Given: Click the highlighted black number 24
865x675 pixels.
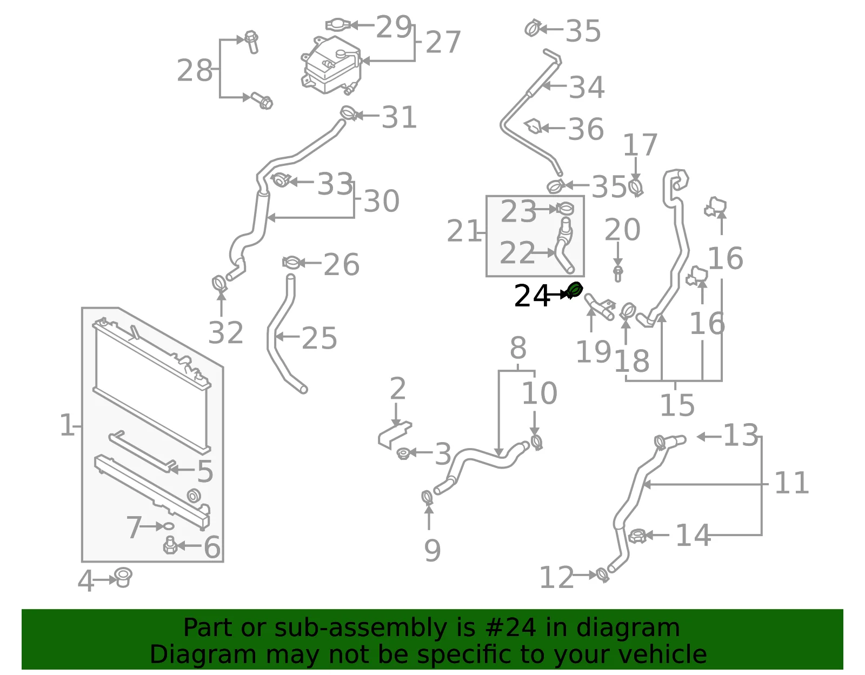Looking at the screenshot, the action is pyautogui.click(x=532, y=296).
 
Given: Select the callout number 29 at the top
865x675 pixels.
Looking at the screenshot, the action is pyautogui.click(x=393, y=27).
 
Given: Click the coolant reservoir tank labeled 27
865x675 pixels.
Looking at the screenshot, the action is pyautogui.click(x=331, y=65).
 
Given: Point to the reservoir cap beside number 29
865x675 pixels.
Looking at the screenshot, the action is pyautogui.click(x=337, y=25).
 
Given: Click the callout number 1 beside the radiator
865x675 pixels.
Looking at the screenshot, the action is pyautogui.click(x=66, y=425).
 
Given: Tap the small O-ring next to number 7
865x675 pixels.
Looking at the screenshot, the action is pyautogui.click(x=169, y=526).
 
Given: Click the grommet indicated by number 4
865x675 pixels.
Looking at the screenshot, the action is pyautogui.click(x=123, y=578).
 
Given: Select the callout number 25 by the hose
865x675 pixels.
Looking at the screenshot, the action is pyautogui.click(x=320, y=338).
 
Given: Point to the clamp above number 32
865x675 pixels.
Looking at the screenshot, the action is pyautogui.click(x=219, y=284).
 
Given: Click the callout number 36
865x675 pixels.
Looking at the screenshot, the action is pyautogui.click(x=585, y=129).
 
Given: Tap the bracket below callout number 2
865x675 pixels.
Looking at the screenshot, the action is pyautogui.click(x=394, y=435).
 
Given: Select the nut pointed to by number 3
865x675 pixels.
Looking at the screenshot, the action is pyautogui.click(x=403, y=453).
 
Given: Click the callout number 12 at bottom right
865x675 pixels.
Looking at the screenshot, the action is pyautogui.click(x=556, y=577).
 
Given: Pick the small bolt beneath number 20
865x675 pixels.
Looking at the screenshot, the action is pyautogui.click(x=618, y=273).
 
